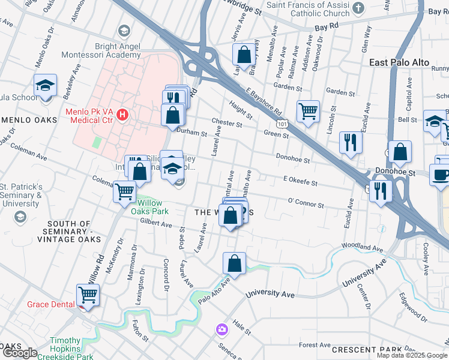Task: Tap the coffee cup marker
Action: [x=440, y=176]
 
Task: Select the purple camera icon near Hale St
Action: [x=221, y=329]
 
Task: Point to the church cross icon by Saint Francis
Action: [x=359, y=8]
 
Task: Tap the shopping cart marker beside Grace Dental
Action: [x=88, y=295]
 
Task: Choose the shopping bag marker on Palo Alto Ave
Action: [x=234, y=263]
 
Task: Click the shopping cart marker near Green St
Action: [x=308, y=110]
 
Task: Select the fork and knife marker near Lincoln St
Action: [x=350, y=142]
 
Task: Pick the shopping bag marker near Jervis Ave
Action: [x=244, y=55]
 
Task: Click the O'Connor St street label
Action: [x=306, y=203]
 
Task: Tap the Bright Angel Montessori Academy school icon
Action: [x=124, y=31]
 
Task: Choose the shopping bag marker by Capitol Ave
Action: [x=400, y=152]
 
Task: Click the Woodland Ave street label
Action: [x=362, y=247]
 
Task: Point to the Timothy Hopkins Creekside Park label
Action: [x=65, y=348]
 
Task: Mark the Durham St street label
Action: [x=191, y=131]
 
